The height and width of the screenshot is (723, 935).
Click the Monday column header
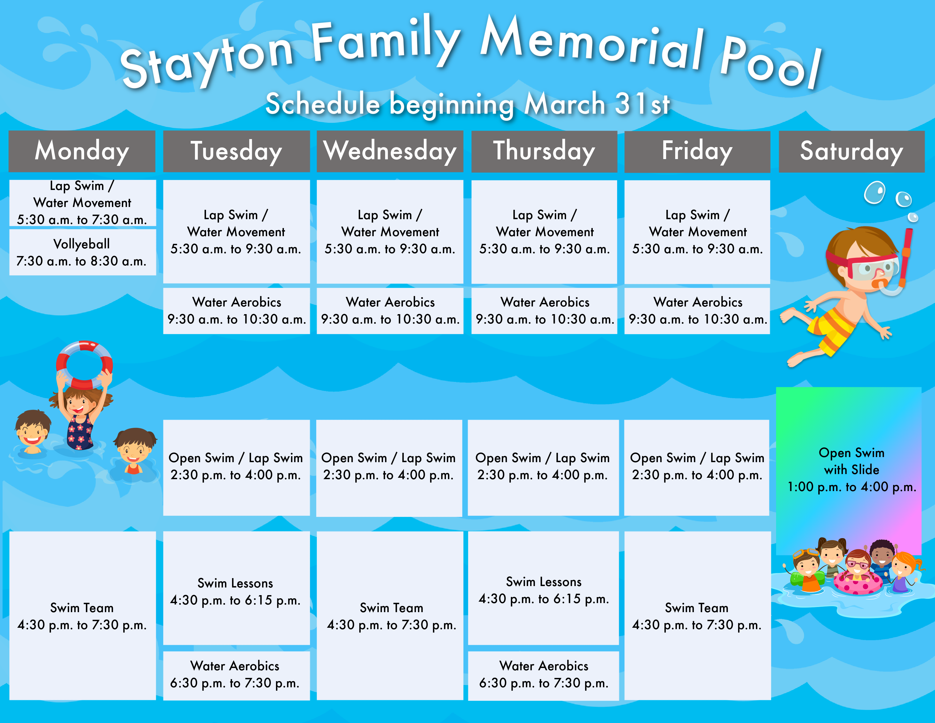click(82, 151)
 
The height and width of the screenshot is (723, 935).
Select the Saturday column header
click(851, 151)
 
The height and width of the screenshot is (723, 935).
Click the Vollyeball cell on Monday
click(82, 252)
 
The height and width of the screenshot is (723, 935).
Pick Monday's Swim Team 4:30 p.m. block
click(82, 616)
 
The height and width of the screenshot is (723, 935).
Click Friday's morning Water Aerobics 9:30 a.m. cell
click(697, 310)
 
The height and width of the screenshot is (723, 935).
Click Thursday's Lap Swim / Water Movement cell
click(544, 232)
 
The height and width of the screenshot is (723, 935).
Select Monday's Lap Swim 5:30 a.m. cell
click(82, 203)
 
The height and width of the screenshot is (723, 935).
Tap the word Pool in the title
click(771, 62)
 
